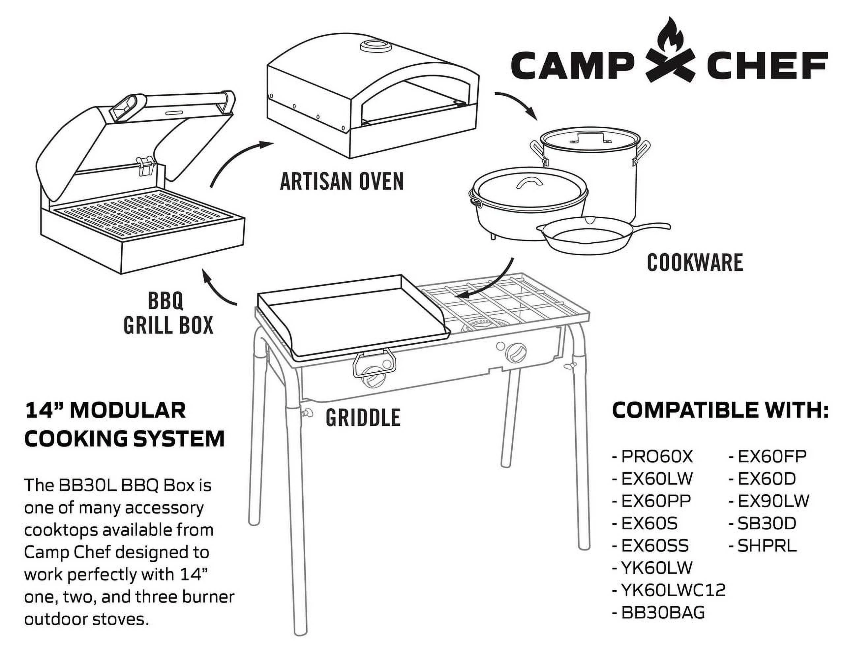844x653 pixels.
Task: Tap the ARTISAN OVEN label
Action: click(x=342, y=182)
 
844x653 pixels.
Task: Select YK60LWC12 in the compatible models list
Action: click(x=669, y=590)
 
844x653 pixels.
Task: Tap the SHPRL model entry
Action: click(x=763, y=546)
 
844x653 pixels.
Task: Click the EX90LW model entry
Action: click(x=769, y=501)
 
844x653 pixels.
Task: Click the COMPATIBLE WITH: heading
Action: click(x=720, y=410)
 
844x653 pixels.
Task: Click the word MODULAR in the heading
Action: click(x=128, y=410)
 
